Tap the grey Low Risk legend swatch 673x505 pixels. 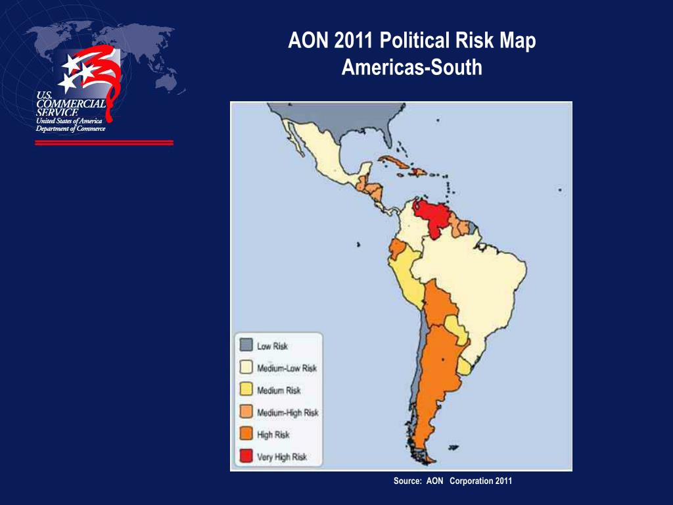[x=246, y=346]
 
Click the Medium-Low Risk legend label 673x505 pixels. [x=287, y=368]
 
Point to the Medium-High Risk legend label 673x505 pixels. [x=288, y=412]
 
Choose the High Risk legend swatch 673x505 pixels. [x=246, y=434]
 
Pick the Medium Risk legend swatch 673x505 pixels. [x=246, y=390]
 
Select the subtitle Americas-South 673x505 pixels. [x=411, y=67]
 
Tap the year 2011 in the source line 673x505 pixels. [x=503, y=481]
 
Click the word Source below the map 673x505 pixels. [x=407, y=481]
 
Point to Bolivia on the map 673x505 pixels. [x=438, y=302]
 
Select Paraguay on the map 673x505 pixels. [x=457, y=329]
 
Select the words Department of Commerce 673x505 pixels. [x=70, y=128]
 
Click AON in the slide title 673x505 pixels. [x=308, y=41]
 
